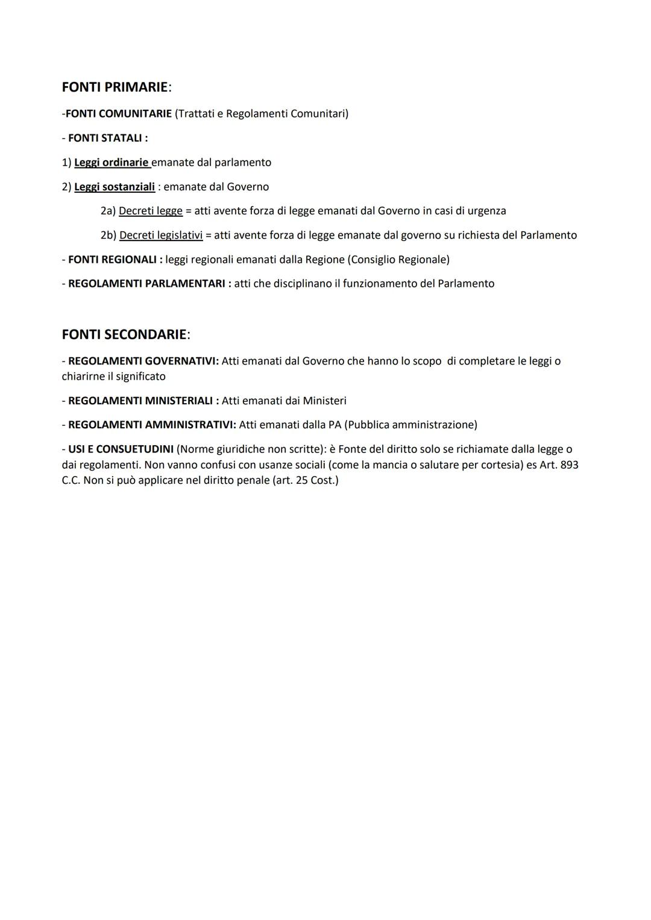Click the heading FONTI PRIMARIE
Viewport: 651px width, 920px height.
pos(115,87)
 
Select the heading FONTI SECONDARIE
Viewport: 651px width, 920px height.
pos(124,334)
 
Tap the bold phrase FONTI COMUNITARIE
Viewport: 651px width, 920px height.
pos(118,114)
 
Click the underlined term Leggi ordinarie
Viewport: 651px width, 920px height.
pos(112,163)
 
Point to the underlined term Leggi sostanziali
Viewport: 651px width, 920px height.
pos(115,187)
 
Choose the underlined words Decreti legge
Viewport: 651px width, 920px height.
pos(151,211)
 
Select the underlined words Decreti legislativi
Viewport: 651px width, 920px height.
pos(161,236)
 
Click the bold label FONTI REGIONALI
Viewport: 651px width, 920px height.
pos(112,260)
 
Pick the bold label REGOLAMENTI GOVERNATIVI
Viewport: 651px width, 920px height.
pos(143,361)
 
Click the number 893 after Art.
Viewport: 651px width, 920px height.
pos(569,465)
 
